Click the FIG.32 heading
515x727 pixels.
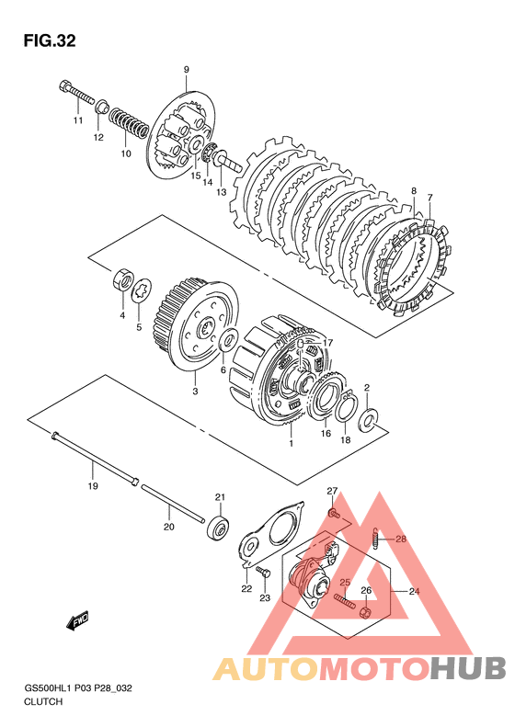50,40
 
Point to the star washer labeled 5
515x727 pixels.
141,292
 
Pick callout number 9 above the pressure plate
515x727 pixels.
186,70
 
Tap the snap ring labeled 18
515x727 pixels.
346,406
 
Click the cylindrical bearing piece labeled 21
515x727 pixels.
218,528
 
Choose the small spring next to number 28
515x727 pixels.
378,539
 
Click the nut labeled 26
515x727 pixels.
366,613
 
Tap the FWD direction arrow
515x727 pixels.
77,620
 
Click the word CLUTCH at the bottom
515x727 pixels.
43,701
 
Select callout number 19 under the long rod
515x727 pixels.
93,486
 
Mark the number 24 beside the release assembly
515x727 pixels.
414,591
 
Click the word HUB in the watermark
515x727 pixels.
467,668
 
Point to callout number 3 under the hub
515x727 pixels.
195,391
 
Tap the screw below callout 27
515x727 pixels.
333,513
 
